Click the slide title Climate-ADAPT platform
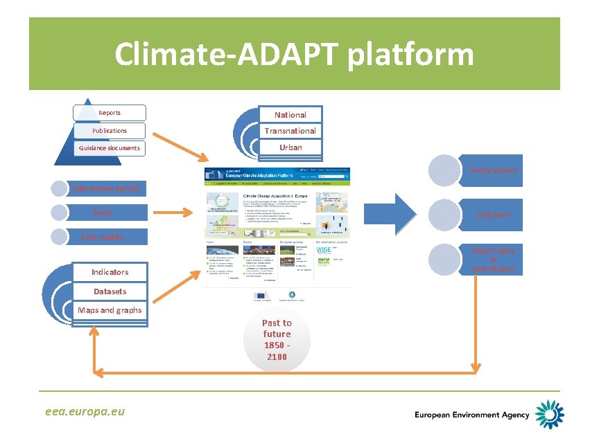[294, 54]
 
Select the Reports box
[110, 113]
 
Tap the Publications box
[110, 130]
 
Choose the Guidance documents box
[110, 147]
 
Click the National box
[290, 114]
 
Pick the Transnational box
[290, 131]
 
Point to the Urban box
[290, 147]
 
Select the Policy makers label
[494, 170]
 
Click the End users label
[493, 215]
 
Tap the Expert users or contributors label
[493, 259]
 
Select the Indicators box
[110, 272]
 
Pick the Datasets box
[110, 291]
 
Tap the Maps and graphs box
[110, 310]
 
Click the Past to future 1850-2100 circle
[277, 340]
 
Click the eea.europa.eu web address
[84, 411]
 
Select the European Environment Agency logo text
[471, 415]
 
